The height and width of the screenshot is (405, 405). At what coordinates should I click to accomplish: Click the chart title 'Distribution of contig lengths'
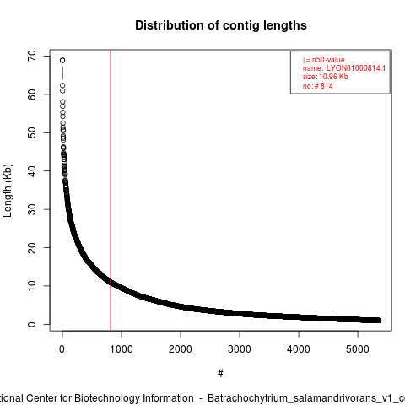221,25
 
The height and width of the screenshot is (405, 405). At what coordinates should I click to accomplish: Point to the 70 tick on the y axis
32,56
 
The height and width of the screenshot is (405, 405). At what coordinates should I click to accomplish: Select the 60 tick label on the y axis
32,94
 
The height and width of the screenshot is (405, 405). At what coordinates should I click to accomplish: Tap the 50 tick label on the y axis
32,132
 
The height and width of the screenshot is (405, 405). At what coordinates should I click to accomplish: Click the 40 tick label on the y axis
32,170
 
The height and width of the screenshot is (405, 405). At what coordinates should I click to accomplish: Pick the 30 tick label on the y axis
32,209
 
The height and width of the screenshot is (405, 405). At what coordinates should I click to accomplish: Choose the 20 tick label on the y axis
32,247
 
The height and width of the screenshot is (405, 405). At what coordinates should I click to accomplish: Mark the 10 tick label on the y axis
32,286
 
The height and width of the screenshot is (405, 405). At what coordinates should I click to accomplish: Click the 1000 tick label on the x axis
121,349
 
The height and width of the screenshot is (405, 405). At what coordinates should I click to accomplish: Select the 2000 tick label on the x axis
181,349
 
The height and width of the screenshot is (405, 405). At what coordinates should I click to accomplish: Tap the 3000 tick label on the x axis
240,349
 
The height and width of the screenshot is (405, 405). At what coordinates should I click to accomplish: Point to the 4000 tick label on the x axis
299,349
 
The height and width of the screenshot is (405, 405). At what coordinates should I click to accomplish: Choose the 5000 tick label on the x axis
358,349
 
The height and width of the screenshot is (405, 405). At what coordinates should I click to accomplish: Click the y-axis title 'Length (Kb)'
8,191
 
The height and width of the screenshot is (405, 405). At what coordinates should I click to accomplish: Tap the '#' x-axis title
220,374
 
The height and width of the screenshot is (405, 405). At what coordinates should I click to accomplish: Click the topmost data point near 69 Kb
62,60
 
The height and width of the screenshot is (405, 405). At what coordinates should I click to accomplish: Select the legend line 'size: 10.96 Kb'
326,77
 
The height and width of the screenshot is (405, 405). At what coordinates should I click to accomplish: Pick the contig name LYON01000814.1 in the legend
356,68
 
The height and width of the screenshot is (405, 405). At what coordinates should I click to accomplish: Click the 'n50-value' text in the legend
328,60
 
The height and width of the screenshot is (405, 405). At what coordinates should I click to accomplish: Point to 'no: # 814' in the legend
318,86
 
